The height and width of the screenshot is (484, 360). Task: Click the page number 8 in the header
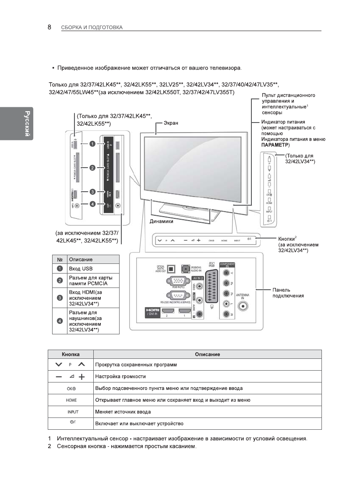[x=49, y=27]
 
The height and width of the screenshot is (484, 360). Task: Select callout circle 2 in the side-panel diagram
[x=92, y=168]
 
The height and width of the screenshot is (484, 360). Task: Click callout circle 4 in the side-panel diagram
[x=92, y=203]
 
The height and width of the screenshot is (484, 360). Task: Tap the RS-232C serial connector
[x=175, y=297]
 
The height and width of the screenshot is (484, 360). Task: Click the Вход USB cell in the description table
[x=81, y=268]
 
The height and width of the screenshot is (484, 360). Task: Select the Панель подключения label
[x=288, y=293]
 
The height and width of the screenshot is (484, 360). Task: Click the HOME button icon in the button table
[x=71, y=400]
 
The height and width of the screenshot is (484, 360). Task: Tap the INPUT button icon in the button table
[x=71, y=412]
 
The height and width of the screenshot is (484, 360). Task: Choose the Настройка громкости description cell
[x=120, y=376]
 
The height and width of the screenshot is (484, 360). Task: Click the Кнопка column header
[x=71, y=354]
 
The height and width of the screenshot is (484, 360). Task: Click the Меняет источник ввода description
[x=123, y=412]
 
